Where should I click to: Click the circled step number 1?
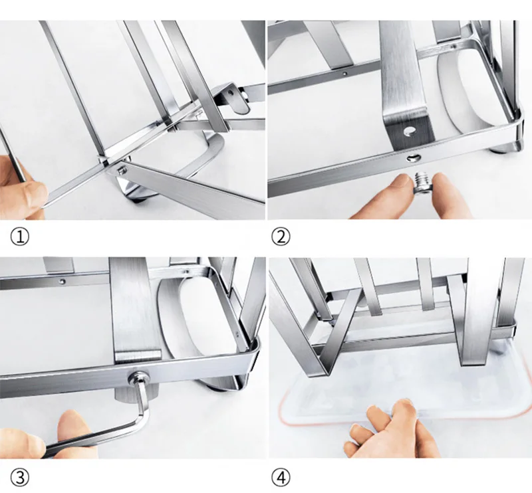click(x=20, y=237)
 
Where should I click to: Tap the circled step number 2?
click(x=281, y=237)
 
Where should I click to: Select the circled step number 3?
click(x=20, y=478)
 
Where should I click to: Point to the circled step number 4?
click(x=281, y=478)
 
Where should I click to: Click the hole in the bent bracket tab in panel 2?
click(x=409, y=131)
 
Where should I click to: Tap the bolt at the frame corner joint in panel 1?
click(x=122, y=169)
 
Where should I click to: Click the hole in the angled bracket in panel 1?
click(x=231, y=92)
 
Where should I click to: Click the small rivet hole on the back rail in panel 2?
click(x=344, y=73)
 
